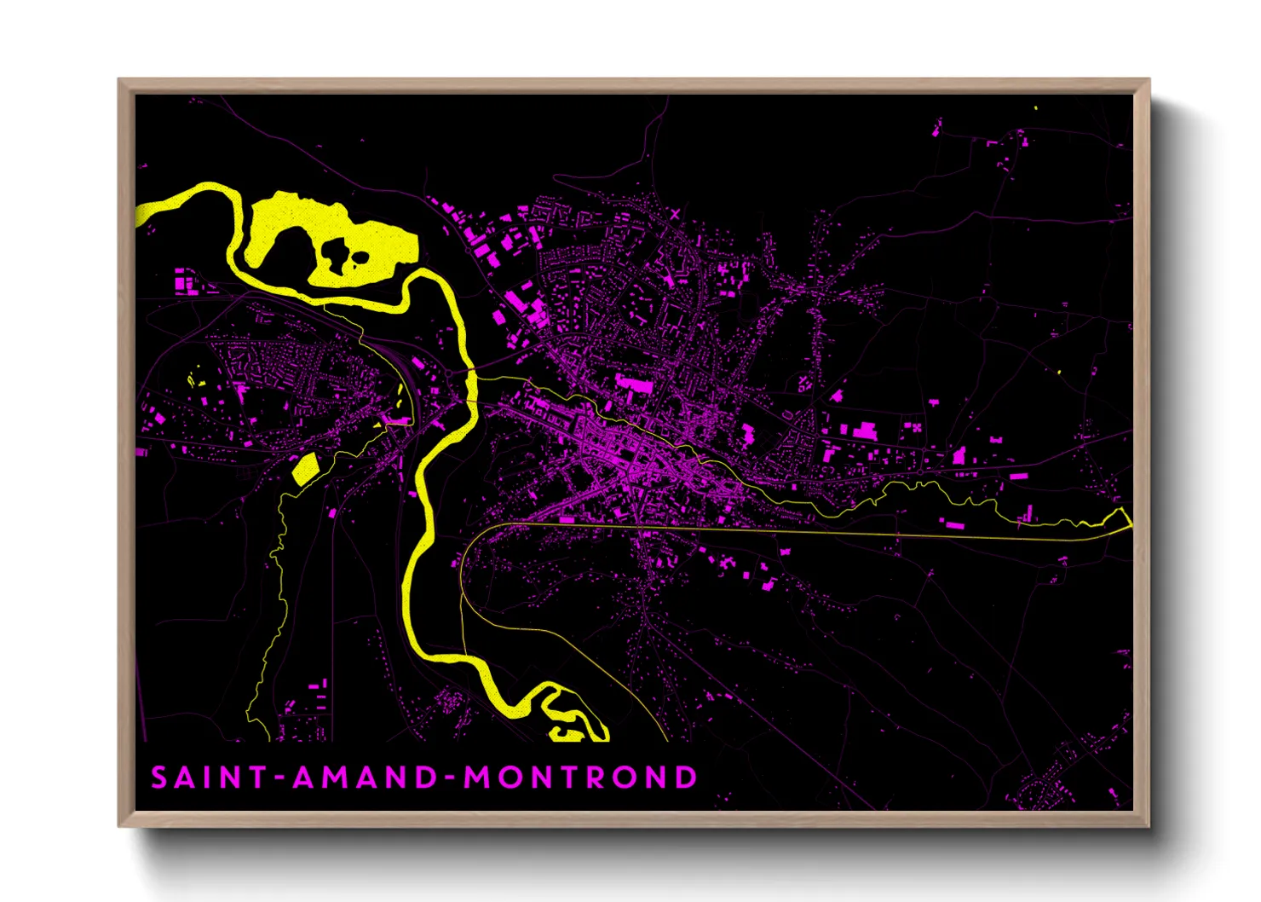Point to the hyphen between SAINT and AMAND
point(280,778)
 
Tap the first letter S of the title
point(159,778)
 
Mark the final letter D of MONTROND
point(687,778)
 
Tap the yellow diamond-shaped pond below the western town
point(305,469)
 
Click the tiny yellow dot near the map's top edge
point(1035,108)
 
